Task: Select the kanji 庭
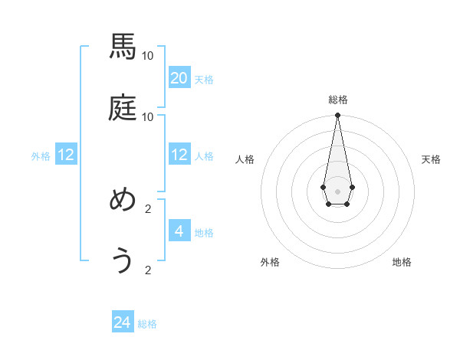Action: (123, 108)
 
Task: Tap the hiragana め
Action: (123, 201)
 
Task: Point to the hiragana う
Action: (123, 261)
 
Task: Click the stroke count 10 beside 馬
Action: (148, 55)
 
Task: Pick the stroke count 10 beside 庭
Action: (148, 116)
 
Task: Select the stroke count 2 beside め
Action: (148, 208)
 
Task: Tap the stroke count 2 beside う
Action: (148, 270)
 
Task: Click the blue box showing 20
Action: (179, 78)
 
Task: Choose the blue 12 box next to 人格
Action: (179, 155)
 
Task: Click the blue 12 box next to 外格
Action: (66, 155)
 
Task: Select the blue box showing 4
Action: (179, 231)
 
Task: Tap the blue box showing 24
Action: (123, 322)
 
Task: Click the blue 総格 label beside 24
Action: (147, 324)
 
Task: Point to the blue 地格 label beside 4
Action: (204, 233)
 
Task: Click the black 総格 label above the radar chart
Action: (337, 100)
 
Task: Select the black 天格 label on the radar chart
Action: (432, 159)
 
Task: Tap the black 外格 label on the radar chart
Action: (270, 263)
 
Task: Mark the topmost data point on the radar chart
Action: (337, 115)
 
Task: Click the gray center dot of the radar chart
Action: (337, 191)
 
